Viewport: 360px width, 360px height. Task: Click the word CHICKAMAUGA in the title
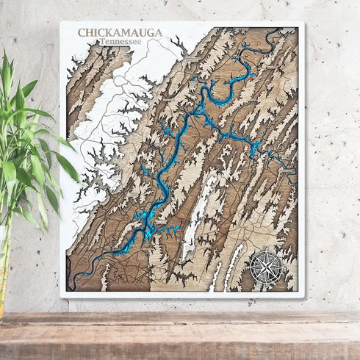point(121,33)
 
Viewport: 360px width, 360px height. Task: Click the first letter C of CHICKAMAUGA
point(82,33)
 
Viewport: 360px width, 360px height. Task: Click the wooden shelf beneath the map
point(180,334)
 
